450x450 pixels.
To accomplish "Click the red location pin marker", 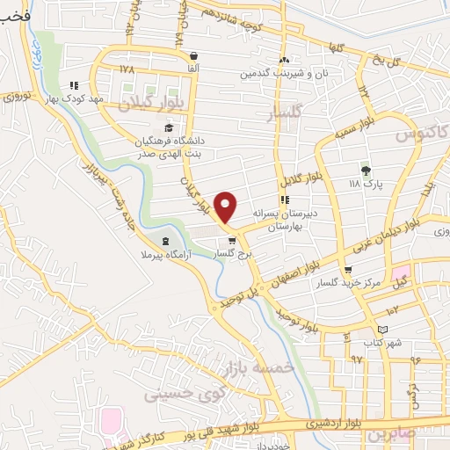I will [226, 207].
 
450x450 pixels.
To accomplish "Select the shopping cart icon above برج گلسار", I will [232, 240].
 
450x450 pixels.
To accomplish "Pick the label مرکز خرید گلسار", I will [350, 281].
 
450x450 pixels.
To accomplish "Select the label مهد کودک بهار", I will [102, 98].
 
